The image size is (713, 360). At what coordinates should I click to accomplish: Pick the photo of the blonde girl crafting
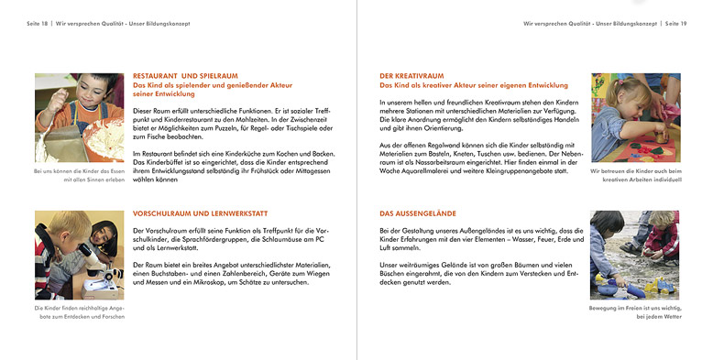click(x=635, y=118)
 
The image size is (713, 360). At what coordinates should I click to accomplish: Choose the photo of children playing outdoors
click(x=635, y=256)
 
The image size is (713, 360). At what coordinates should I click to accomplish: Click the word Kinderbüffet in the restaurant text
click(x=158, y=163)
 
